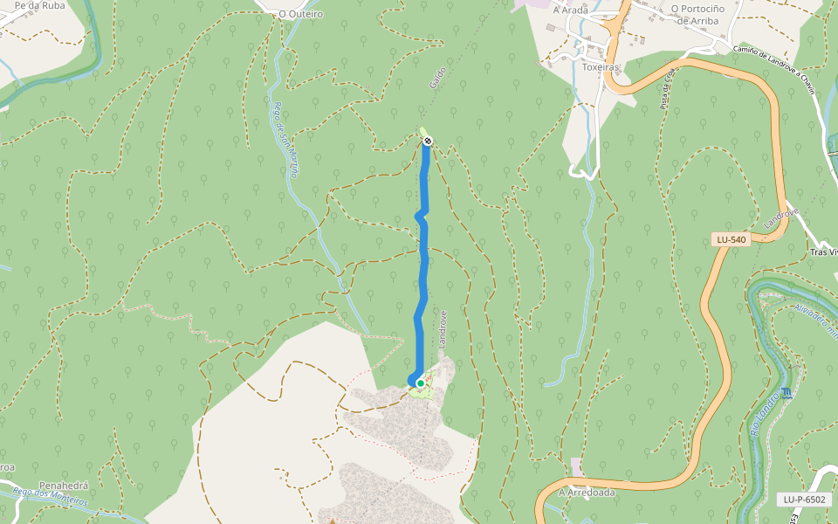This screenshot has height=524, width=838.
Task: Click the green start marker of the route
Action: [420, 383]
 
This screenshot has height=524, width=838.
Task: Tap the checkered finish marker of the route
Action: [427, 141]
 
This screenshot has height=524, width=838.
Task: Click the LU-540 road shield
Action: [731, 239]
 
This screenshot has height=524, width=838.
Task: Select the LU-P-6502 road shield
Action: [803, 500]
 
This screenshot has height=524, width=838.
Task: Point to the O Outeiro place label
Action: [300, 14]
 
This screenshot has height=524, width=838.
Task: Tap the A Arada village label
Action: [571, 10]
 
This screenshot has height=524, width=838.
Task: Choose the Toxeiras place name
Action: [600, 66]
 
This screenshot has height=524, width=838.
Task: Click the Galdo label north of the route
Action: [438, 77]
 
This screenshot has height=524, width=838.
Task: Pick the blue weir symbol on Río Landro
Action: [788, 393]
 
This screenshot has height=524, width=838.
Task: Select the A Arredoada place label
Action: [587, 493]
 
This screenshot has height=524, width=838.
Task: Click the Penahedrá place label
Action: [63, 486]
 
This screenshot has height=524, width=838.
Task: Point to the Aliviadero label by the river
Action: [815, 319]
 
